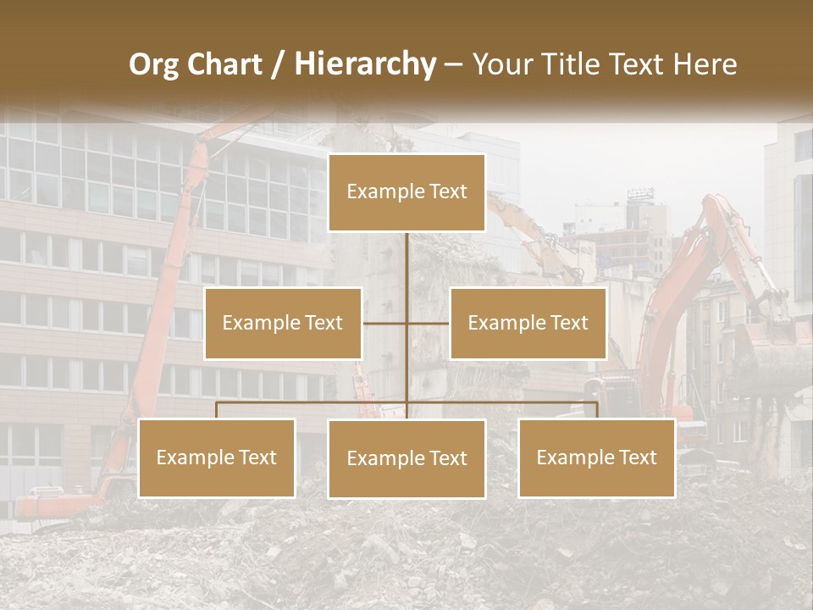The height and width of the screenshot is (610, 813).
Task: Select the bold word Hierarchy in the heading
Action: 365,64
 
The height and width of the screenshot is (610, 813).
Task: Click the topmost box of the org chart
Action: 406,192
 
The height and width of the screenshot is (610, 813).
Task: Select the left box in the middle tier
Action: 283,324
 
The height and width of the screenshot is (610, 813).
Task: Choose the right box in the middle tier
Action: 528,324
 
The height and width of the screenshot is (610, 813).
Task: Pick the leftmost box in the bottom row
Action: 217,457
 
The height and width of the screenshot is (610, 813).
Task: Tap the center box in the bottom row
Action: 406,458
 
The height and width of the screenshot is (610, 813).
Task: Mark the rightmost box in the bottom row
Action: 597,457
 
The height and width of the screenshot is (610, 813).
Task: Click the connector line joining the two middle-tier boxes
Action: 385,324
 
